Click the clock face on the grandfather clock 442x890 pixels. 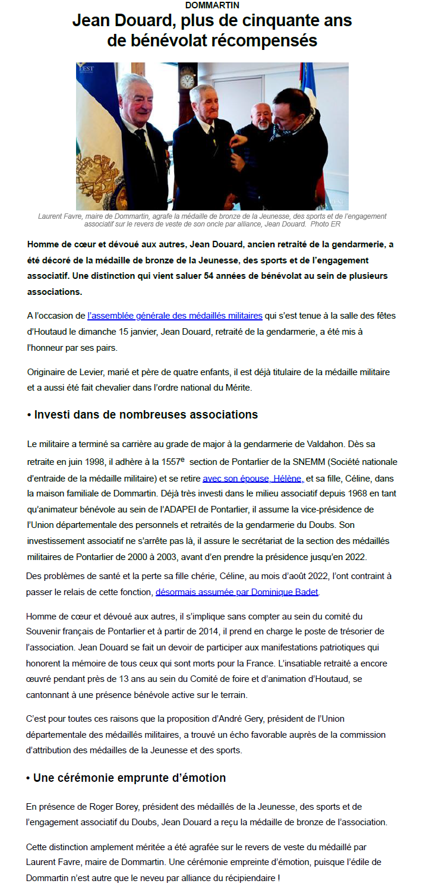(x=187, y=80)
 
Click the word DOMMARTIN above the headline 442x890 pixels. (x=212, y=5)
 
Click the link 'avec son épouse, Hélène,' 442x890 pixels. (x=253, y=478)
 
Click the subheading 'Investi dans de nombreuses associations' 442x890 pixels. (x=146, y=414)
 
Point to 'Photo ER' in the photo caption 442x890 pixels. (x=326, y=224)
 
